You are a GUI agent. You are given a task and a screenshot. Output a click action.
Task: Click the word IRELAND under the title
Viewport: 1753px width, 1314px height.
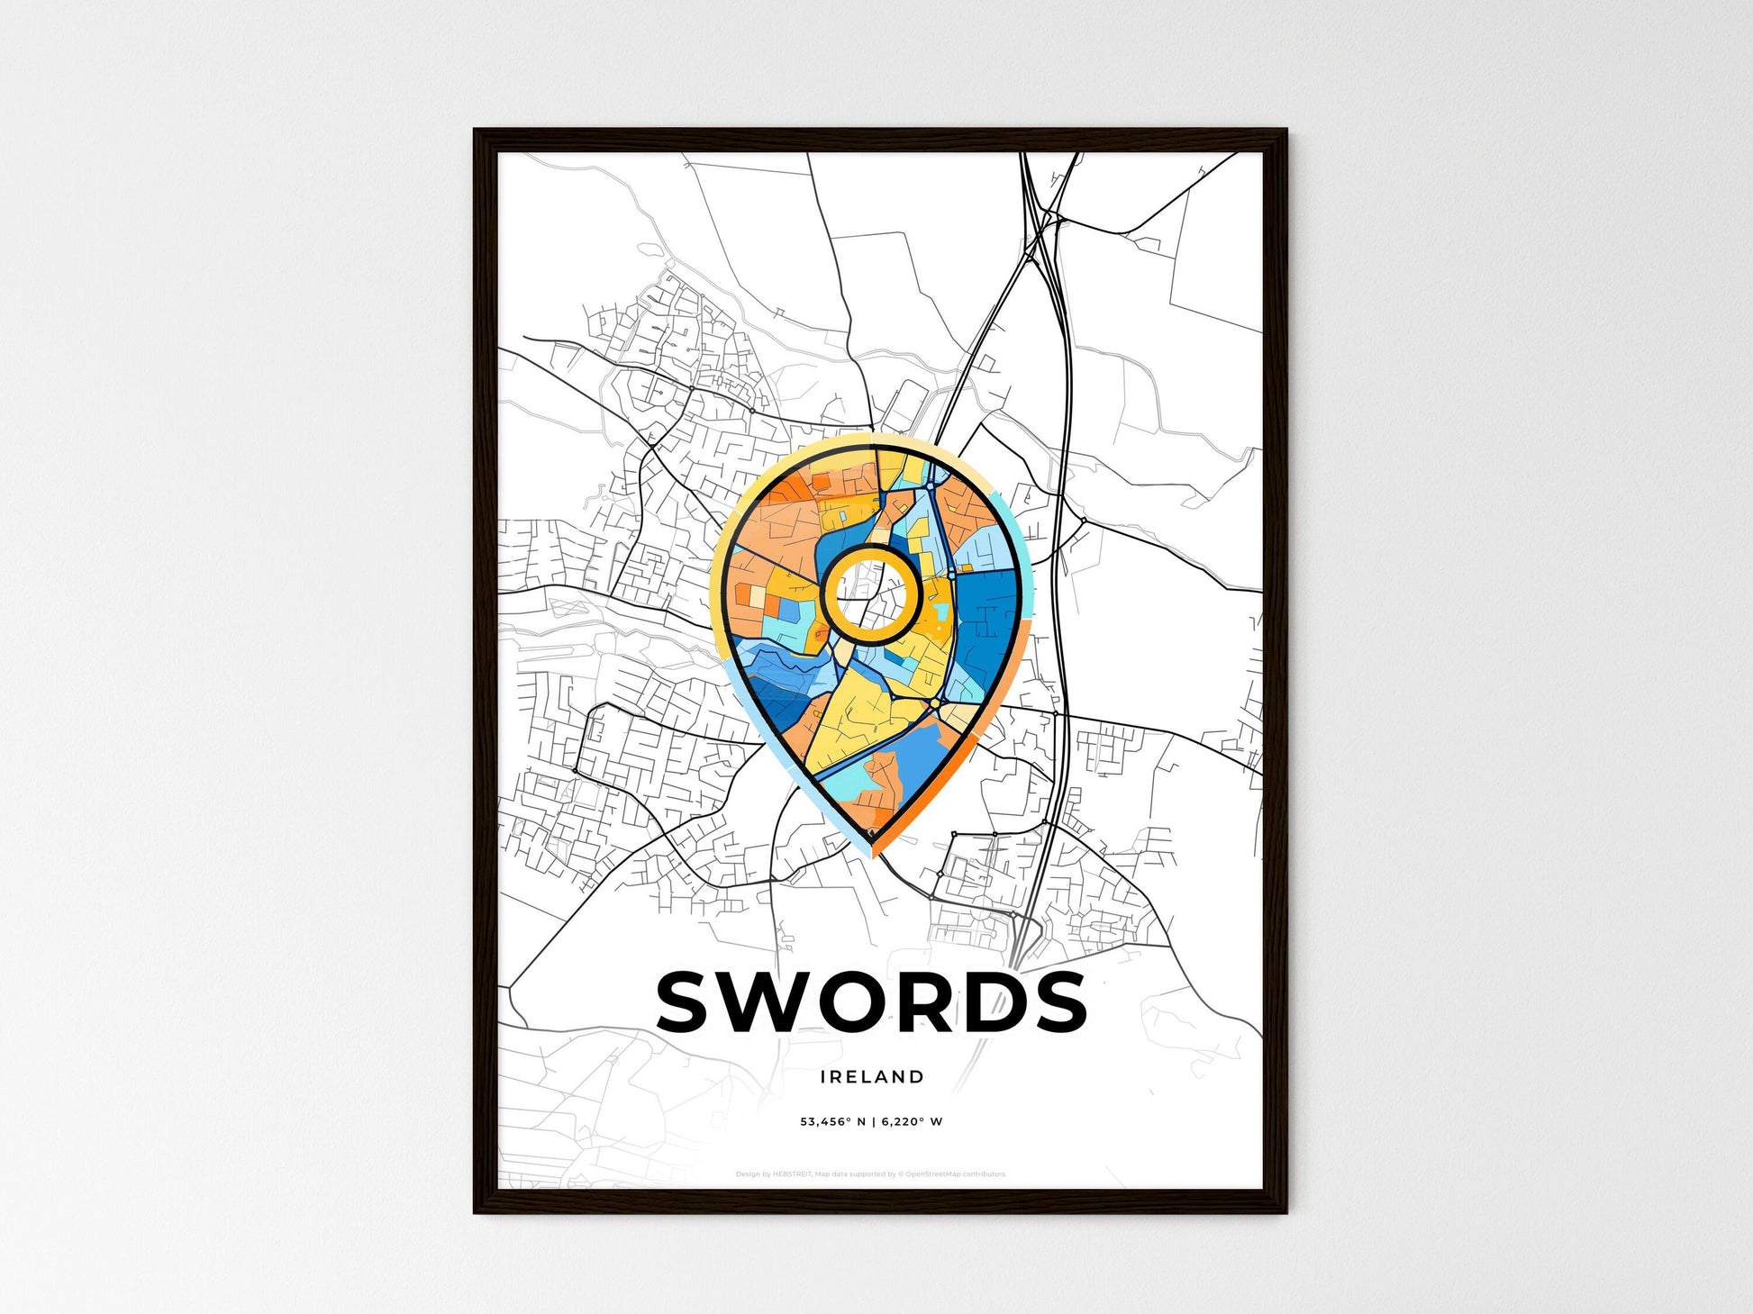pos(872,1076)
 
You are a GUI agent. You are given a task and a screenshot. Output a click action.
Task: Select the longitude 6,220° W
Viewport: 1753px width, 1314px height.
pos(912,1122)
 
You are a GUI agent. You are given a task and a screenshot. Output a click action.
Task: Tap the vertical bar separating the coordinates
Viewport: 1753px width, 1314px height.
pos(873,1122)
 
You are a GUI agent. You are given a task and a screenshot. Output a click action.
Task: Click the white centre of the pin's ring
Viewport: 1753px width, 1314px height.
pos(870,594)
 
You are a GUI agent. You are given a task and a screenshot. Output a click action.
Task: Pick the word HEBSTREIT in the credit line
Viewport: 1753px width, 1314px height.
pos(793,1174)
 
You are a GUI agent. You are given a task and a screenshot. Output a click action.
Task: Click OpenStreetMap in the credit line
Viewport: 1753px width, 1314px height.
pos(932,1174)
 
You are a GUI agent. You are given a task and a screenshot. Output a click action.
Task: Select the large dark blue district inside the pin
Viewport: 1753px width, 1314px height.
pos(985,630)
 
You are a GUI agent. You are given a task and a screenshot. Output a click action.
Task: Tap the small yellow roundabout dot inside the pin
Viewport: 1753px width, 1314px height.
pos(935,702)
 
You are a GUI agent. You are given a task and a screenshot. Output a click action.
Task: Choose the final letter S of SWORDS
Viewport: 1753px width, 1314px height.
pos(1059,1001)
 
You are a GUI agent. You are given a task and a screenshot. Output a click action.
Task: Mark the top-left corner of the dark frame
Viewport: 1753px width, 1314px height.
pos(476,131)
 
